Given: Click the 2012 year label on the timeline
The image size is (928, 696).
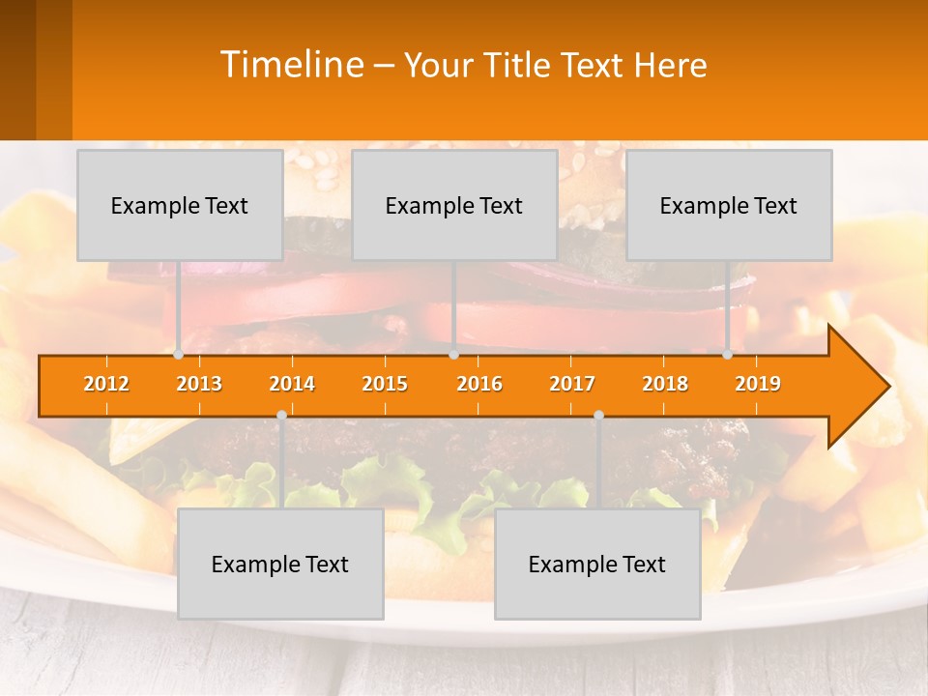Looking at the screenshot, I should (106, 384).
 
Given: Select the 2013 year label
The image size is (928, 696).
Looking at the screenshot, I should (199, 384).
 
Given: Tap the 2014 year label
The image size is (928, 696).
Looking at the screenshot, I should (292, 384).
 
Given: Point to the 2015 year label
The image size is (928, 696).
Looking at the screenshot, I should (385, 384).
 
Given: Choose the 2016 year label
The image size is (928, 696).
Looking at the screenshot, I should (479, 384).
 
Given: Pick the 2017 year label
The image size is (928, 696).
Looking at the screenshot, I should (572, 384).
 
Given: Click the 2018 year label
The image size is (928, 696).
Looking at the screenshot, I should (665, 384).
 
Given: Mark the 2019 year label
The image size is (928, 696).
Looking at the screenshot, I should (758, 384).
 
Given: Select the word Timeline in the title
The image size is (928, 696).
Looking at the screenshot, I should (291, 65).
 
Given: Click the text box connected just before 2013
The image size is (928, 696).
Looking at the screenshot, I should (180, 205).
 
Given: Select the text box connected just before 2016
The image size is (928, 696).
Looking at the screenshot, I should (454, 205).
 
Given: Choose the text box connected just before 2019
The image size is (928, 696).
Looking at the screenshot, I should (729, 205).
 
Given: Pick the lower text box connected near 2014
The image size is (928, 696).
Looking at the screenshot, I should (280, 564).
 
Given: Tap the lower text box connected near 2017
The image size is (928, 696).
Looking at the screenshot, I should (597, 564).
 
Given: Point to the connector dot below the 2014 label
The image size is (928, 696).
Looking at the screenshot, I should (281, 415).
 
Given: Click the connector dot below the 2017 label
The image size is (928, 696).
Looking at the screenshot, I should (598, 415).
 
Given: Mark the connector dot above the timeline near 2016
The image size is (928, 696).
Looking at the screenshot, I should (453, 355).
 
